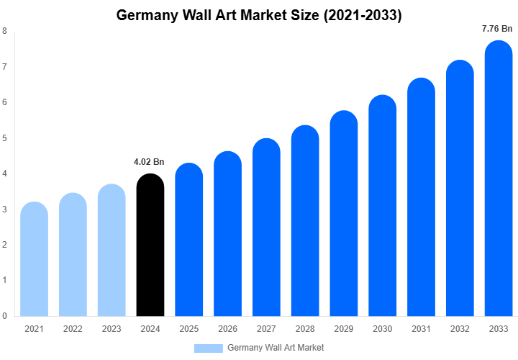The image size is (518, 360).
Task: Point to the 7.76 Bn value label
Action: point(497,29)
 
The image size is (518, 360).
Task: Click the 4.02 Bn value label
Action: point(149,162)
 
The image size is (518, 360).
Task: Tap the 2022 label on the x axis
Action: point(73,329)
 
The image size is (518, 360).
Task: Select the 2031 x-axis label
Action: point(422,329)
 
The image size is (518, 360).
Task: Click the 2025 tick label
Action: point(188,329)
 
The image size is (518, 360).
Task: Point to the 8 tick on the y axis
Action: point(5,31)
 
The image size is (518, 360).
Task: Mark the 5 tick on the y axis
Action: point(5,138)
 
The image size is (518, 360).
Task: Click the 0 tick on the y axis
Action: point(5,315)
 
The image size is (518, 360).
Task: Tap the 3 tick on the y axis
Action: point(5,209)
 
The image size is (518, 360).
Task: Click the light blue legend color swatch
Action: point(208,348)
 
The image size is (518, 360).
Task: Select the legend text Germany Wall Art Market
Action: point(276,348)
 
